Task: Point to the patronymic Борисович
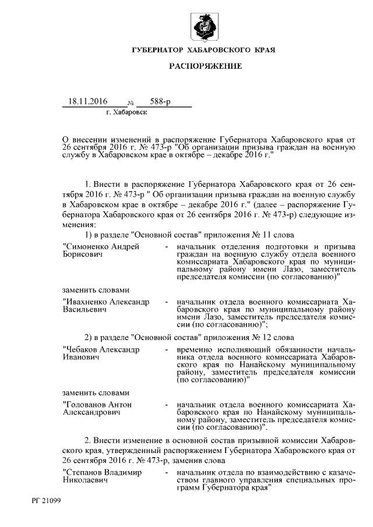click(x=82, y=254)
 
